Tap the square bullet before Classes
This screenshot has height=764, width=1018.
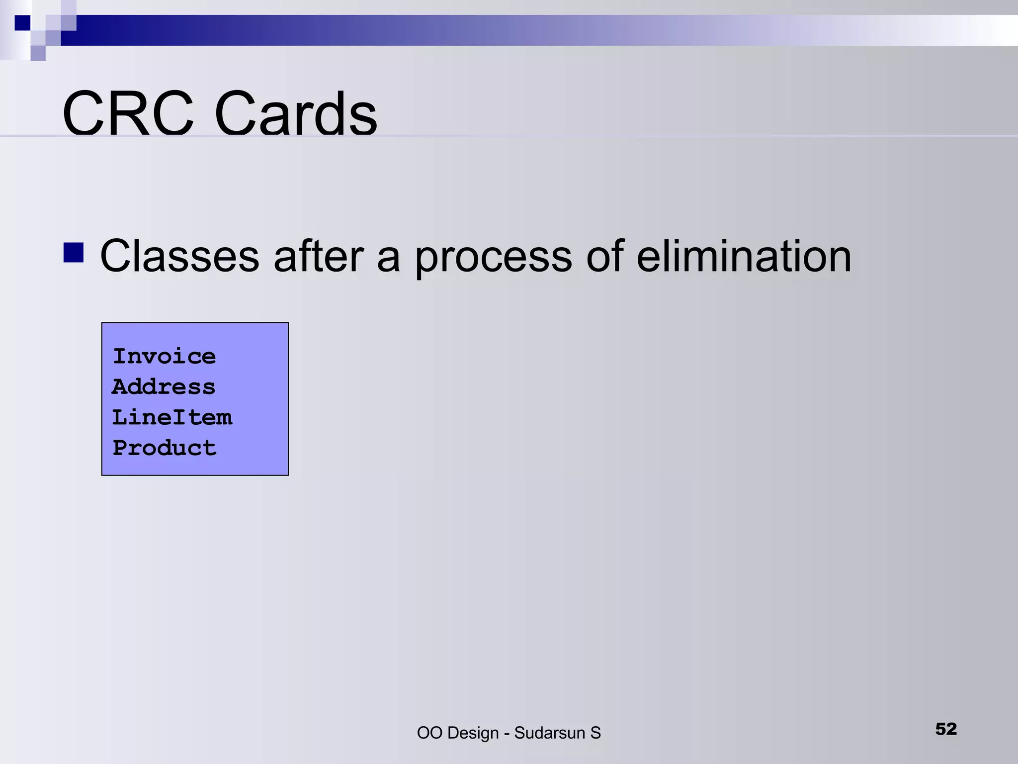pyautogui.click(x=74, y=252)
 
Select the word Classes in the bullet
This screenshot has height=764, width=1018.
pyautogui.click(x=179, y=256)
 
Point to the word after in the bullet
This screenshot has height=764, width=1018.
pyautogui.click(x=319, y=256)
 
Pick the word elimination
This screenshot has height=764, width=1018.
pyautogui.click(x=744, y=256)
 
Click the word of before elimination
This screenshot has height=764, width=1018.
pyautogui.click(x=605, y=256)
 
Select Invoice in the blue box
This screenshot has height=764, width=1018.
pyautogui.click(x=165, y=356)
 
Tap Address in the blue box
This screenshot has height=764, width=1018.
pyautogui.click(x=164, y=387)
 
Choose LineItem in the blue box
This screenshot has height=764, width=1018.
pyautogui.click(x=172, y=417)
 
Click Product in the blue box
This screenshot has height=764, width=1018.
pyautogui.click(x=165, y=448)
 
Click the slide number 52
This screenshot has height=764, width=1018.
pyautogui.click(x=945, y=729)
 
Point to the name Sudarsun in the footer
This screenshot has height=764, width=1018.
pyautogui.click(x=549, y=733)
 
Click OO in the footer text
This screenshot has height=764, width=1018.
pyautogui.click(x=429, y=733)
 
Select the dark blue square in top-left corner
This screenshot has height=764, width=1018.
pyautogui.click(x=22, y=23)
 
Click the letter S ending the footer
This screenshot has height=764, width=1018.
pyautogui.click(x=595, y=733)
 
